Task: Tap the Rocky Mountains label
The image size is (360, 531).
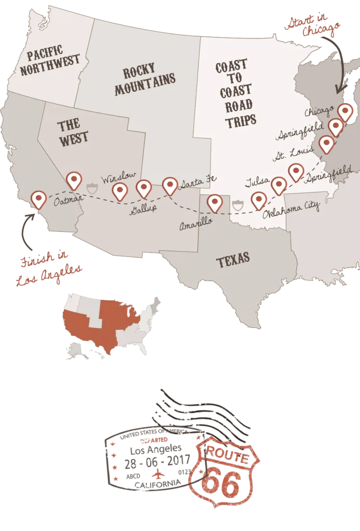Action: tap(145, 81)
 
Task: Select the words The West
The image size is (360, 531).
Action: tap(72, 132)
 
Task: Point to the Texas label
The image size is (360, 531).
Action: tap(233, 260)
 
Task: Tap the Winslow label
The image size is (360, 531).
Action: tap(118, 178)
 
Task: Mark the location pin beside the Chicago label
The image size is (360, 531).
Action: tap(344, 111)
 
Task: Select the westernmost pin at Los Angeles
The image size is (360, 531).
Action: tap(38, 199)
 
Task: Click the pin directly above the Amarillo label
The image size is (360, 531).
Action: tap(215, 203)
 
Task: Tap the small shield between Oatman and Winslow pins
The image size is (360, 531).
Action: tap(92, 187)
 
